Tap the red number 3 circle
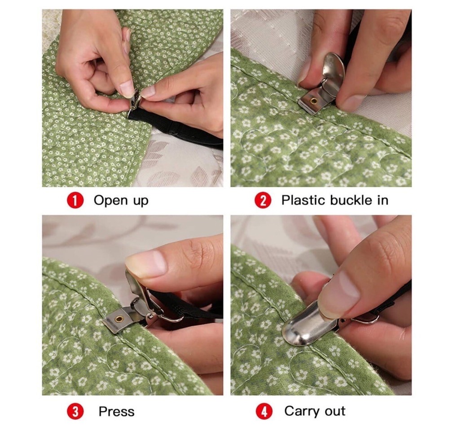click(76, 411)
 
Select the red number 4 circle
click(263, 411)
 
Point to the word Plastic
click(304, 200)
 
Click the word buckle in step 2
click(352, 200)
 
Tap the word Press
click(116, 411)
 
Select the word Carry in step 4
click(301, 411)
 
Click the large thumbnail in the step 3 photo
click(146, 263)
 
